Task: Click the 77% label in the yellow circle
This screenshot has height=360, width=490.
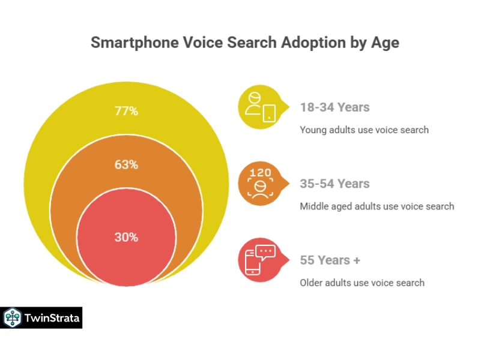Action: [126, 111]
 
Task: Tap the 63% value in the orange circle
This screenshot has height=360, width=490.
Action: [126, 164]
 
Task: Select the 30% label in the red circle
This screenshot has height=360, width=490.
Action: [126, 237]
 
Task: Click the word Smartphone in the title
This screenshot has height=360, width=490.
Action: [135, 43]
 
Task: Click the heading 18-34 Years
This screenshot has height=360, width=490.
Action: [334, 107]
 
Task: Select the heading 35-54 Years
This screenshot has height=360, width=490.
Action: [334, 184]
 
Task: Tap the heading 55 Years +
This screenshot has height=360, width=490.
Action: [330, 260]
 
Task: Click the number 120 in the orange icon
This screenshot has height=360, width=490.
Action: [260, 173]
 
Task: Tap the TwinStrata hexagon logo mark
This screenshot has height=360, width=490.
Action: [12, 318]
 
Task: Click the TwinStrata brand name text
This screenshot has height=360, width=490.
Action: [52, 318]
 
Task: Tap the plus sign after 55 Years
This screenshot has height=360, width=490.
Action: [357, 260]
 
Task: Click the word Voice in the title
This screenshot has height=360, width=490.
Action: [203, 43]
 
